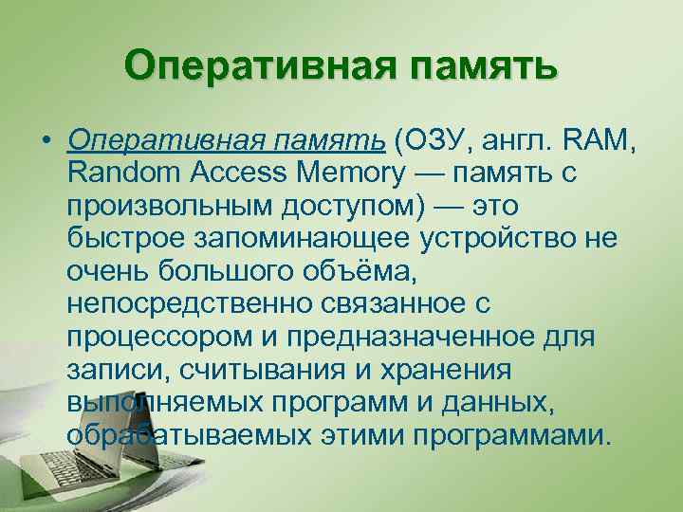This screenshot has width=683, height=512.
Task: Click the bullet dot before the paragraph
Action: click(x=46, y=144)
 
